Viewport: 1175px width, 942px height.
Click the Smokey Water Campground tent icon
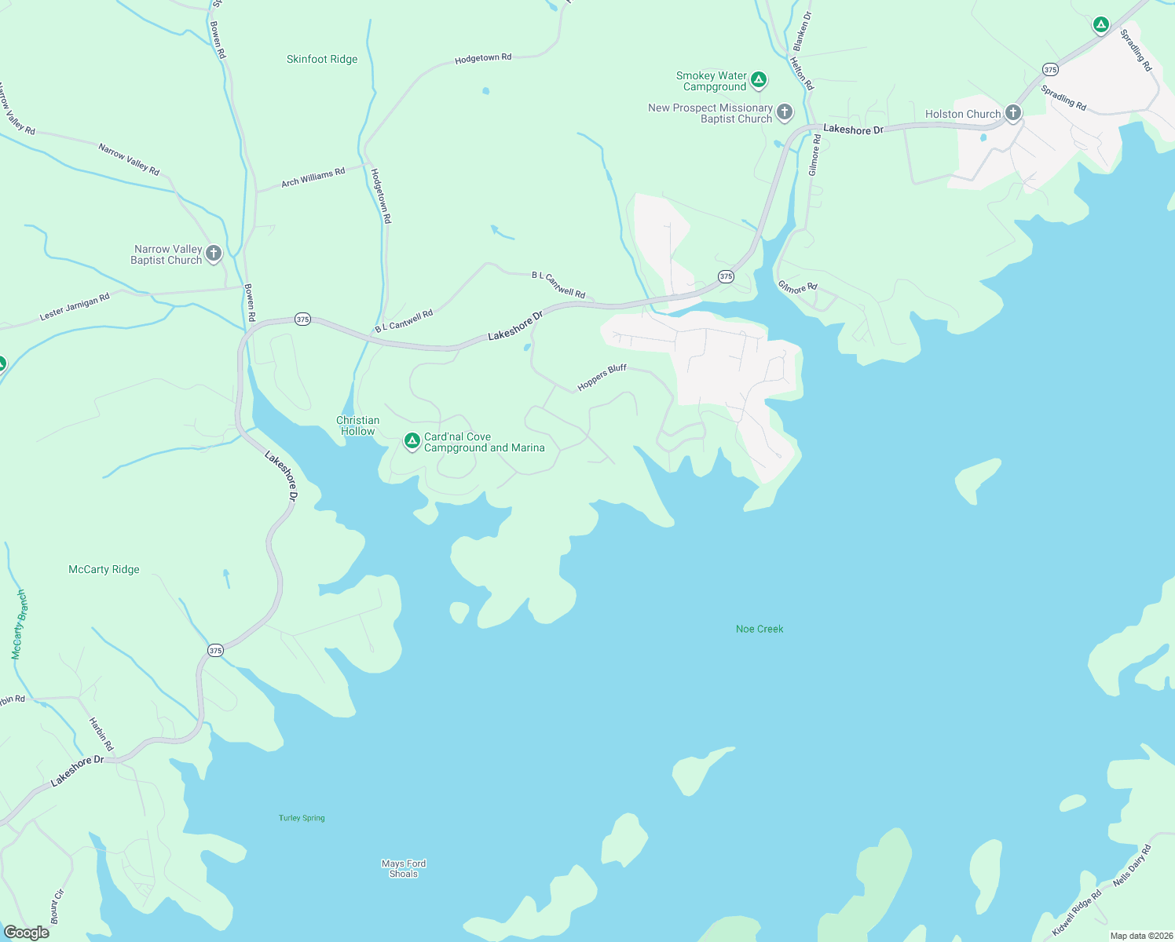[758, 79]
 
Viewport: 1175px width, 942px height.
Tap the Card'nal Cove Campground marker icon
[412, 441]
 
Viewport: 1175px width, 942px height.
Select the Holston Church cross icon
[1012, 113]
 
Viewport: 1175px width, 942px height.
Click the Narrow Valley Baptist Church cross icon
[213, 253]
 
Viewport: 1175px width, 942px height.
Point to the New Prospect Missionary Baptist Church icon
[784, 112]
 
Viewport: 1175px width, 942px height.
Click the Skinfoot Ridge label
[322, 59]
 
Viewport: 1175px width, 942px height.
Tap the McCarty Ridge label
[104, 569]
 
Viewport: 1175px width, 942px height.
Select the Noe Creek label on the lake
[760, 629]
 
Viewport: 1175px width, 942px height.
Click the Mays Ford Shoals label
[404, 868]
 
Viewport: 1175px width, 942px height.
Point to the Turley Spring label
[302, 818]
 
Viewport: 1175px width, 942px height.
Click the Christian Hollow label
[358, 425]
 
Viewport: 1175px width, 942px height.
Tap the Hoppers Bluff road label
[602, 378]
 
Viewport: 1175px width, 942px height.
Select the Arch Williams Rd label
[313, 177]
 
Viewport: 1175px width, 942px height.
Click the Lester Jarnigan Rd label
[75, 307]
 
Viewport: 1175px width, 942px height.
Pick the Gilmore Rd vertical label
[814, 155]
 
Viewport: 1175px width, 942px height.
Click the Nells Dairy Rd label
[1132, 865]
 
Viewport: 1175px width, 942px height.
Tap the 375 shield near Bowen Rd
[302, 319]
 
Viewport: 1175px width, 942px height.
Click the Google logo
[26, 933]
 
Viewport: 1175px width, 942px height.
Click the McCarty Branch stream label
[19, 624]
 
